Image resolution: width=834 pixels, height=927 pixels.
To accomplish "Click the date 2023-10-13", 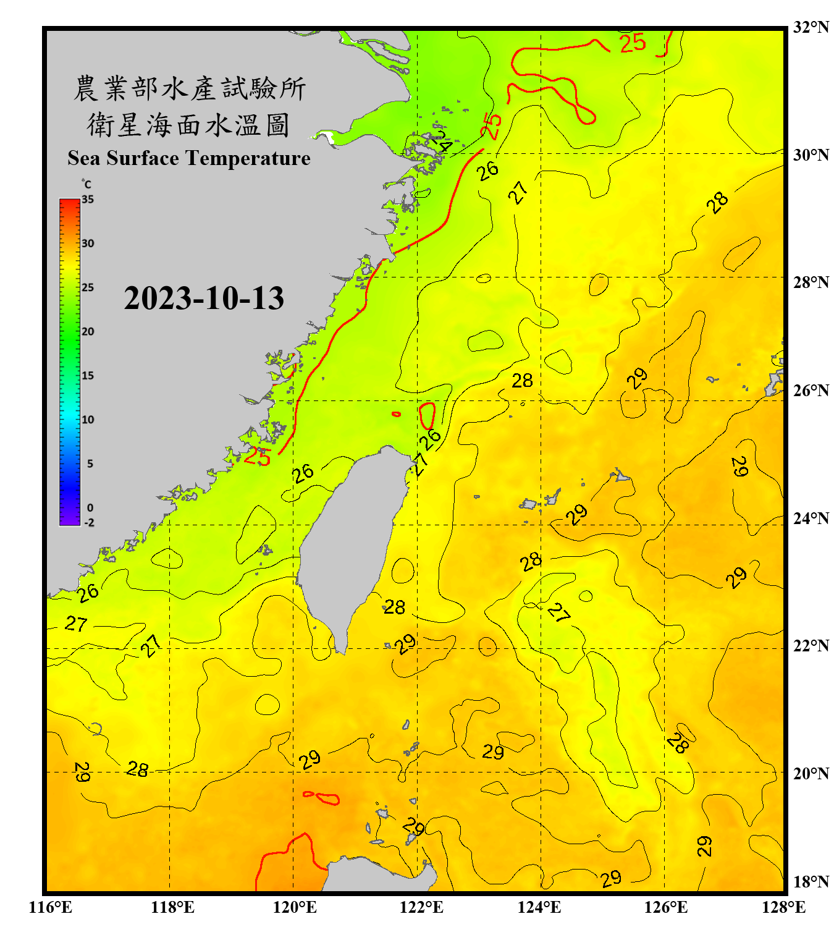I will coord(204,298).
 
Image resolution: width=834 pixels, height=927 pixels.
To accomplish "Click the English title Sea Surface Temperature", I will coord(189,158).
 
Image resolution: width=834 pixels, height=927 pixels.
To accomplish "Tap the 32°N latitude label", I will coord(811,27).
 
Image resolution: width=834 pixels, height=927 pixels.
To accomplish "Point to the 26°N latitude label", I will coord(811,391).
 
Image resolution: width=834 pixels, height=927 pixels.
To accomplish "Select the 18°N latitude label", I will coord(811,882).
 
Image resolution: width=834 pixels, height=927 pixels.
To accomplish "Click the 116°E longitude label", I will coord(51,907).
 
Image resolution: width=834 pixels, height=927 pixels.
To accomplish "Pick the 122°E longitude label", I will coord(421,907).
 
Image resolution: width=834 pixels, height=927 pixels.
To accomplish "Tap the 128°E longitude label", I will coord(783,907).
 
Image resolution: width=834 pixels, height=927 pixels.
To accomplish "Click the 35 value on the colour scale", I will coord(88,200).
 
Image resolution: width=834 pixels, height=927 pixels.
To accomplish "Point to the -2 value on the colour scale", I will coord(89,523).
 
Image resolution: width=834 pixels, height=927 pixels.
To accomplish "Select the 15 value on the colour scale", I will coord(88,376).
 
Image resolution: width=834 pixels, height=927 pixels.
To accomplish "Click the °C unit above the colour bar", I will coord(86,184).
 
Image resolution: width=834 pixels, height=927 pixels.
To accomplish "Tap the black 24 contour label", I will coord(441,142).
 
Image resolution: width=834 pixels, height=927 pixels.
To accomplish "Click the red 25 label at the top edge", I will coord(633,43).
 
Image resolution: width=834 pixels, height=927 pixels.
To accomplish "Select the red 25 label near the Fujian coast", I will coord(257,457).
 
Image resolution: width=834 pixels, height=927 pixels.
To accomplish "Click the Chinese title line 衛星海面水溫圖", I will coord(188,125).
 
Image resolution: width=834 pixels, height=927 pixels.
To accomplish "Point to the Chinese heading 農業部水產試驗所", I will coord(189,88).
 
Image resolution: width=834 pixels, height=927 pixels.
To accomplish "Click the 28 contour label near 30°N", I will coord(717,202).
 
